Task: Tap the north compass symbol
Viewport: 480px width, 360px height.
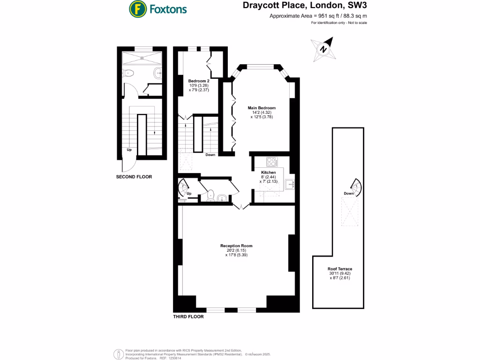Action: pyautogui.click(x=323, y=49)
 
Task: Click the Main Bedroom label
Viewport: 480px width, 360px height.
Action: pyautogui.click(x=262, y=108)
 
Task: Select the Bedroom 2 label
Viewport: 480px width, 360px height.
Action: pyautogui.click(x=198, y=81)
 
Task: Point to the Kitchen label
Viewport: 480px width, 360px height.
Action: pyautogui.click(x=268, y=172)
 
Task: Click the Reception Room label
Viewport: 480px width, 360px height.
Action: pyautogui.click(x=236, y=246)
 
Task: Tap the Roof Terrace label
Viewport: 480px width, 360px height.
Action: pyautogui.click(x=339, y=269)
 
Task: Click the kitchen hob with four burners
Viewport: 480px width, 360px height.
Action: pyautogui.click(x=271, y=162)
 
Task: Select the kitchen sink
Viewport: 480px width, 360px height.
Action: pyautogui.click(x=290, y=185)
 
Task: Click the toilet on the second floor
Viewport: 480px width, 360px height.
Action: pyautogui.click(x=129, y=73)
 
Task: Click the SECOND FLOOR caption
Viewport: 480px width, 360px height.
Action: pyautogui.click(x=134, y=177)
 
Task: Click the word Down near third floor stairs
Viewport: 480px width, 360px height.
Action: pyautogui.click(x=210, y=155)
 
